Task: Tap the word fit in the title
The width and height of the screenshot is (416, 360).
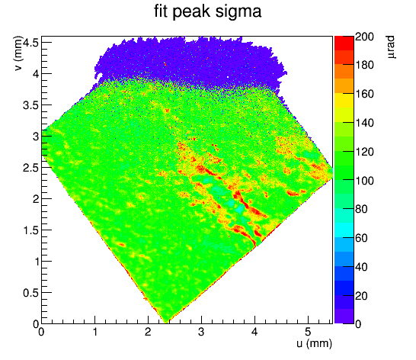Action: pos(161,11)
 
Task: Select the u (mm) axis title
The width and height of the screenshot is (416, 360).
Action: pos(314,343)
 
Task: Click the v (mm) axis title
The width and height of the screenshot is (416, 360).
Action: pos(18,53)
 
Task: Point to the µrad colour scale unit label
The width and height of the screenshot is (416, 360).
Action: pos(390,47)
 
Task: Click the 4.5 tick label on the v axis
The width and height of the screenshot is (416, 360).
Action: pos(30,42)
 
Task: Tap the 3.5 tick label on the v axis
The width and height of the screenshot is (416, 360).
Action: pos(30,105)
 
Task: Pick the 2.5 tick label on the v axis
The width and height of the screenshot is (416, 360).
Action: pos(30,168)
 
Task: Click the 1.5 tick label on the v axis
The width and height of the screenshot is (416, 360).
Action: pos(30,230)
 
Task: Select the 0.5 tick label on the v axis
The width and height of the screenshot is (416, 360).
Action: pos(30,294)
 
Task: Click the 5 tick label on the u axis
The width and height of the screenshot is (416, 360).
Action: pos(308,332)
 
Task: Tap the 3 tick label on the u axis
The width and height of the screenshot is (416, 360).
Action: pos(201,332)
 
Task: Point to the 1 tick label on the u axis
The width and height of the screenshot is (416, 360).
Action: pos(94,332)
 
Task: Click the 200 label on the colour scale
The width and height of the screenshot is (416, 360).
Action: pos(364,37)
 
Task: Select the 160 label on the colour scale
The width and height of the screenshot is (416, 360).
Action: pos(364,94)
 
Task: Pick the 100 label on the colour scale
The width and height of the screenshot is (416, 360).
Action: pos(364,181)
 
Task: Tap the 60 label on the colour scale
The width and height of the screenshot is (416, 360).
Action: pos(361,238)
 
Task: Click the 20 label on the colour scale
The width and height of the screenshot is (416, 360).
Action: pos(361,295)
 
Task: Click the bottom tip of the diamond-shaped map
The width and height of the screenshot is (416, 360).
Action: pos(166,323)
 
